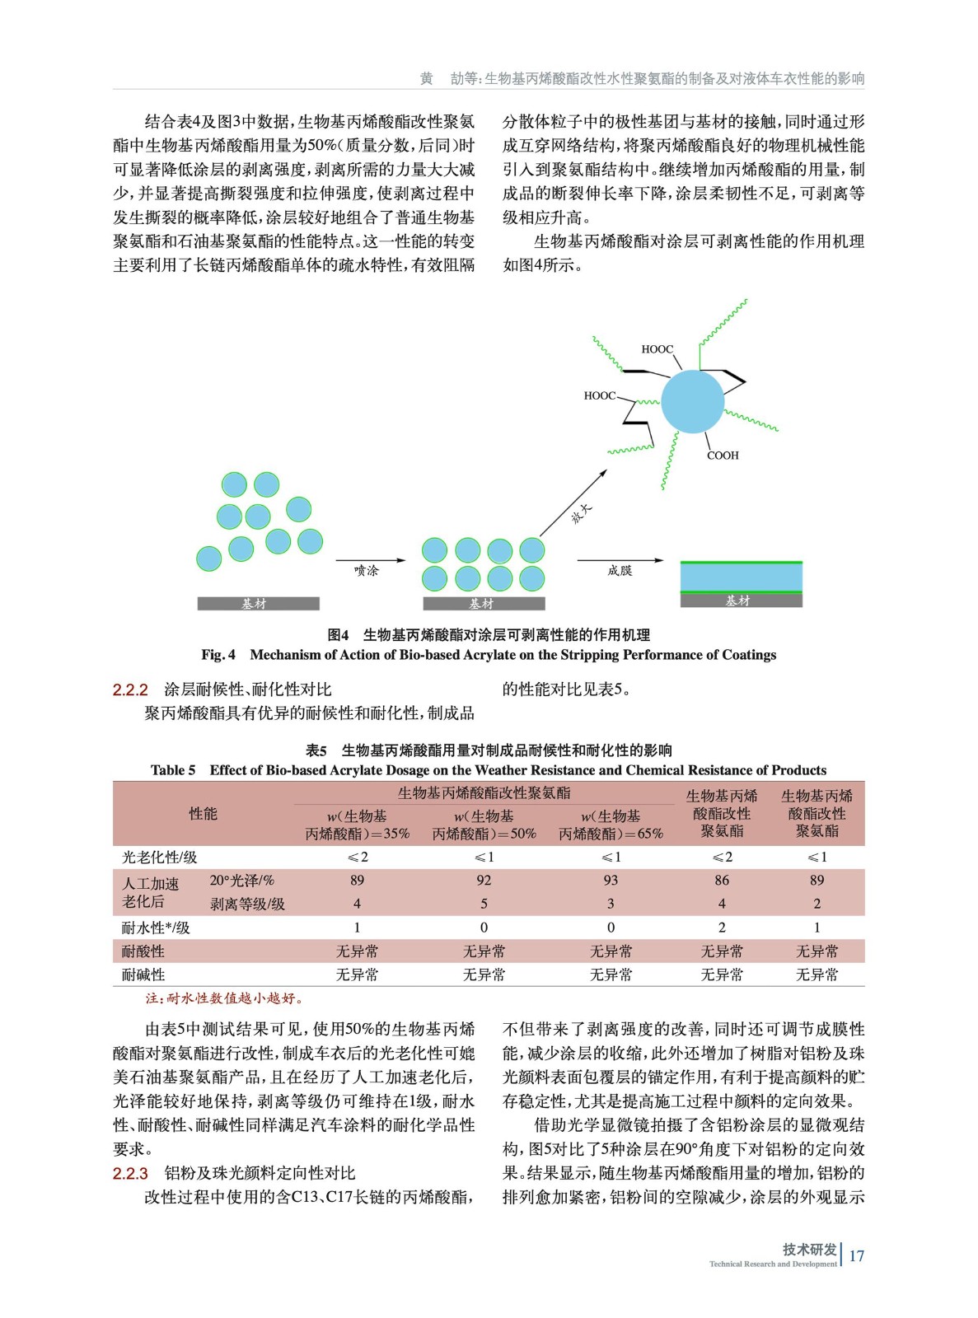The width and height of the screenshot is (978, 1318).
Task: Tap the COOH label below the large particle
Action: [723, 456]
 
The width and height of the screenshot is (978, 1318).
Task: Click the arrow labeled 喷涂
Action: [371, 560]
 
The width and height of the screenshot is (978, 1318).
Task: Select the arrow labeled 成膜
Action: [620, 560]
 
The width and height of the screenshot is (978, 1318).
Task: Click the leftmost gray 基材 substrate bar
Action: [258, 604]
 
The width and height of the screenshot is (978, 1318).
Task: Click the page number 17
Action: [856, 1255]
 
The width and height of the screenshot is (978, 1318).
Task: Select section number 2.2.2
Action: [130, 689]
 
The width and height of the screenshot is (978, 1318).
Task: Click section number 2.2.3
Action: [130, 1173]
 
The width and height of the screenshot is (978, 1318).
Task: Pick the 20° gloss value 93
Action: [611, 880]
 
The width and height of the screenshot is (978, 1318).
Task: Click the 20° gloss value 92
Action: [484, 880]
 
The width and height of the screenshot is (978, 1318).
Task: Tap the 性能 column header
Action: [203, 814]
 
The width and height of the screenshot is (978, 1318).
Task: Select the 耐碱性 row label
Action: [143, 974]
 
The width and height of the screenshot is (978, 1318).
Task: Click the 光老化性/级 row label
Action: [160, 857]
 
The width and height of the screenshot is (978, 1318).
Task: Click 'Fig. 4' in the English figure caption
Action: [218, 655]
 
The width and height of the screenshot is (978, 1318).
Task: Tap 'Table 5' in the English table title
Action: [173, 770]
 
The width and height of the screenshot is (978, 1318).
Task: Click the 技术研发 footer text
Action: [809, 1249]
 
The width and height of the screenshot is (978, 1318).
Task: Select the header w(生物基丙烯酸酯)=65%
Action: [611, 825]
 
